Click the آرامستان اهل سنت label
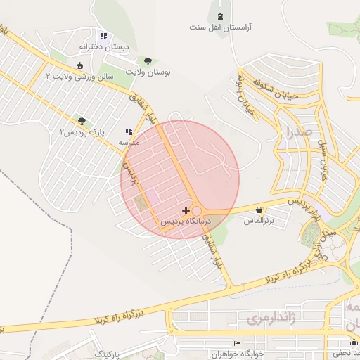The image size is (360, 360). [221, 28]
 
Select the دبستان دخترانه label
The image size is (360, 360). [105, 46]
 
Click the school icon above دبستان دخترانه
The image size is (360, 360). [103, 35]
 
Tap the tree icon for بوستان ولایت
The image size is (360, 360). [147, 61]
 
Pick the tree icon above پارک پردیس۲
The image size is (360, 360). [82, 121]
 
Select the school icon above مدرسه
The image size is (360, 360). [128, 131]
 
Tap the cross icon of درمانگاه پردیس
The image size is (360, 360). [186, 210]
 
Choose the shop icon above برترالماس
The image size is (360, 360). [260, 210]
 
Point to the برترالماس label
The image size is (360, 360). [258, 221]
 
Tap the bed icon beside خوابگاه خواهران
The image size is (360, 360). [237, 343]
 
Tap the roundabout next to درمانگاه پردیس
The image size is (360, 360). [197, 211]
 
